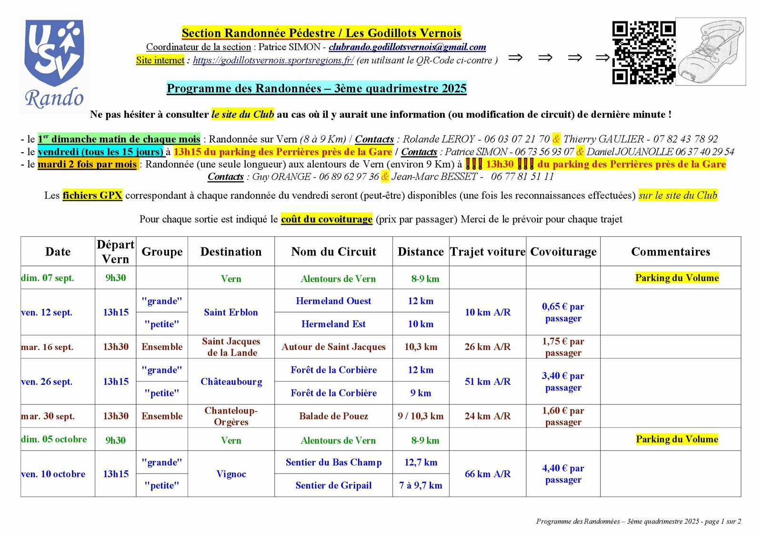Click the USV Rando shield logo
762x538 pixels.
click(54, 64)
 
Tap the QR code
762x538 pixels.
click(643, 52)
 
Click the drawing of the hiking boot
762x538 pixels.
click(711, 51)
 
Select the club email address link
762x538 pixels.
click(407, 47)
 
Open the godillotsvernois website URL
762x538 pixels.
click(273, 60)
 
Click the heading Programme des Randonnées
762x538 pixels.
click(316, 88)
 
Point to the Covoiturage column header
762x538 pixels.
click(563, 252)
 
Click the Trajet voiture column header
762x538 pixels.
click(488, 252)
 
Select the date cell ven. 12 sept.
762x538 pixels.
click(47, 313)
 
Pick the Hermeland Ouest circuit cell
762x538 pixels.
click(333, 301)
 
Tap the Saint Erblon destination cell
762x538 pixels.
click(231, 313)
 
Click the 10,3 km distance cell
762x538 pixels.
click(421, 347)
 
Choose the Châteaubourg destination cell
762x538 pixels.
click(231, 381)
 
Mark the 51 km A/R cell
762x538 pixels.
click(488, 381)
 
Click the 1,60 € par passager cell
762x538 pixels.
click(563, 416)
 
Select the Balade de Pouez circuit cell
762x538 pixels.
click(333, 416)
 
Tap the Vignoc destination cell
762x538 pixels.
click(231, 474)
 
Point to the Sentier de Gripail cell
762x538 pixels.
click(333, 486)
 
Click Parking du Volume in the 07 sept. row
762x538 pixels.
click(677, 278)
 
